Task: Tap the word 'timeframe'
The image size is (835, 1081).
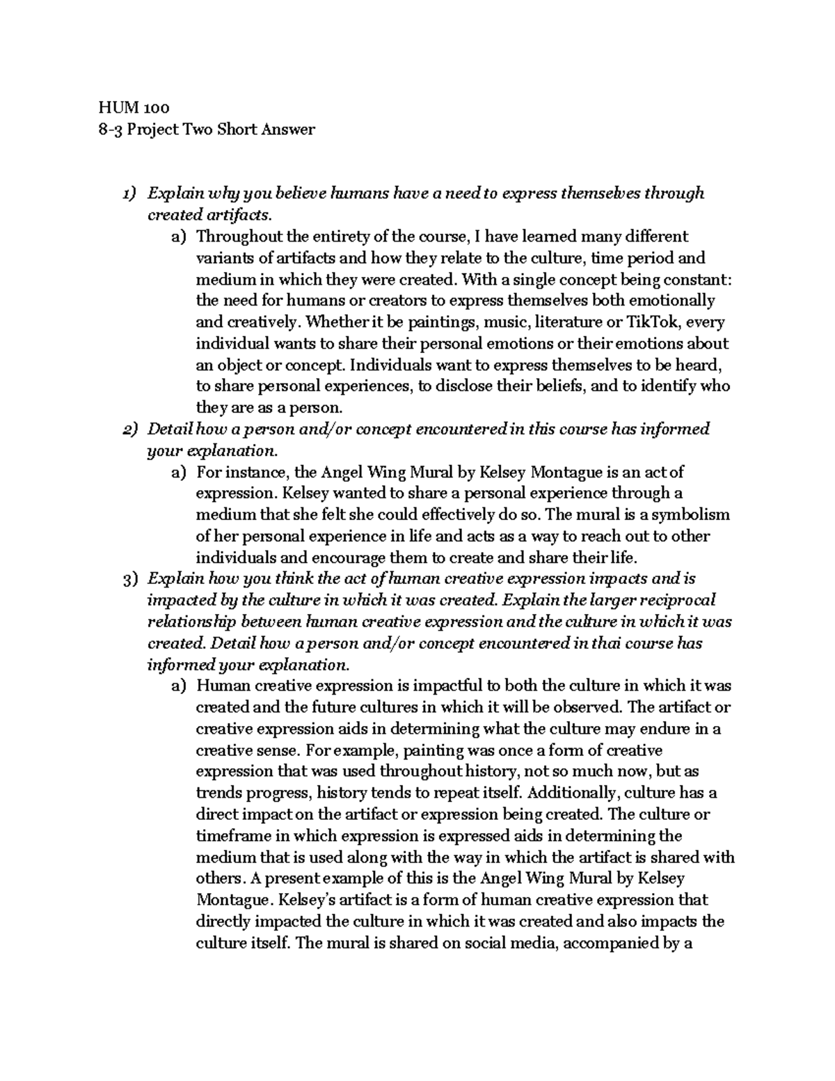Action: (230, 835)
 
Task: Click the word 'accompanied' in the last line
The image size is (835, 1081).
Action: (603, 943)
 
